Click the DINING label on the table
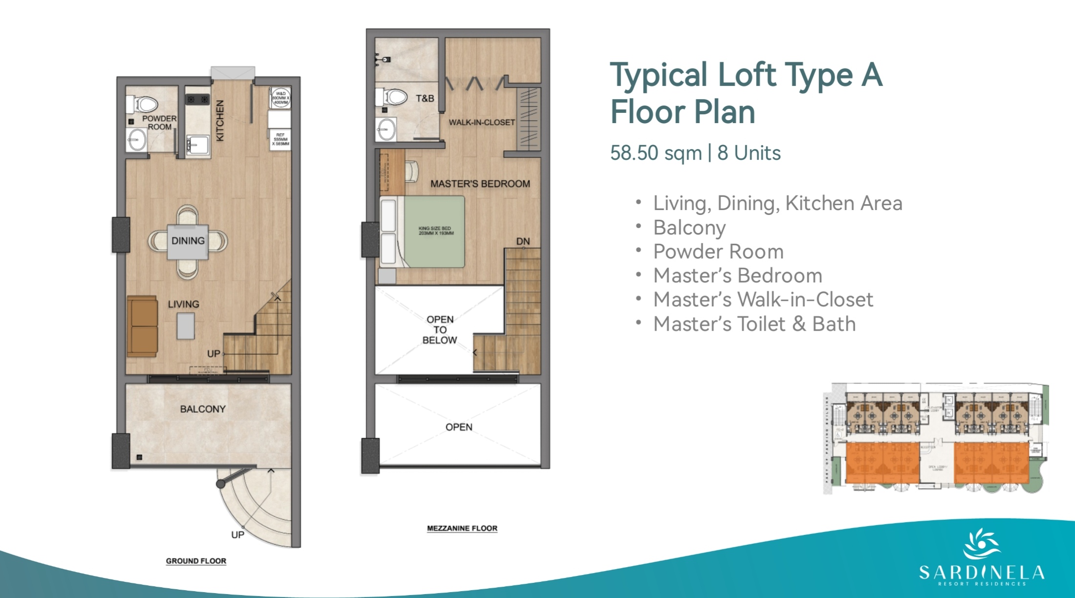pyautogui.click(x=188, y=241)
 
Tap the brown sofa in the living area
pyautogui.click(x=142, y=326)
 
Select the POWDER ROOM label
pyautogui.click(x=159, y=123)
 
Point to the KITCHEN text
pyautogui.click(x=220, y=121)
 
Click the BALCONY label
pyautogui.click(x=203, y=409)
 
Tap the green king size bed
pyautogui.click(x=434, y=232)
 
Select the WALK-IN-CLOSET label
pyautogui.click(x=482, y=122)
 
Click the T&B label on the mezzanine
pyautogui.click(x=425, y=98)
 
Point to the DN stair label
pyautogui.click(x=523, y=241)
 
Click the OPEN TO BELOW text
pyautogui.click(x=440, y=330)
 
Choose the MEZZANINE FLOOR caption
pyautogui.click(x=462, y=528)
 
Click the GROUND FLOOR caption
pyautogui.click(x=196, y=561)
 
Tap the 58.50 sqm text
pyautogui.click(x=656, y=153)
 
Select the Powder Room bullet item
pyautogui.click(x=718, y=252)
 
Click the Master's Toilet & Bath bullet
pyautogui.click(x=754, y=324)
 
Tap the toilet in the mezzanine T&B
pyautogui.click(x=393, y=97)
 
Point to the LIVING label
pyautogui.click(x=183, y=304)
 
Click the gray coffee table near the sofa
pyautogui.click(x=186, y=326)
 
